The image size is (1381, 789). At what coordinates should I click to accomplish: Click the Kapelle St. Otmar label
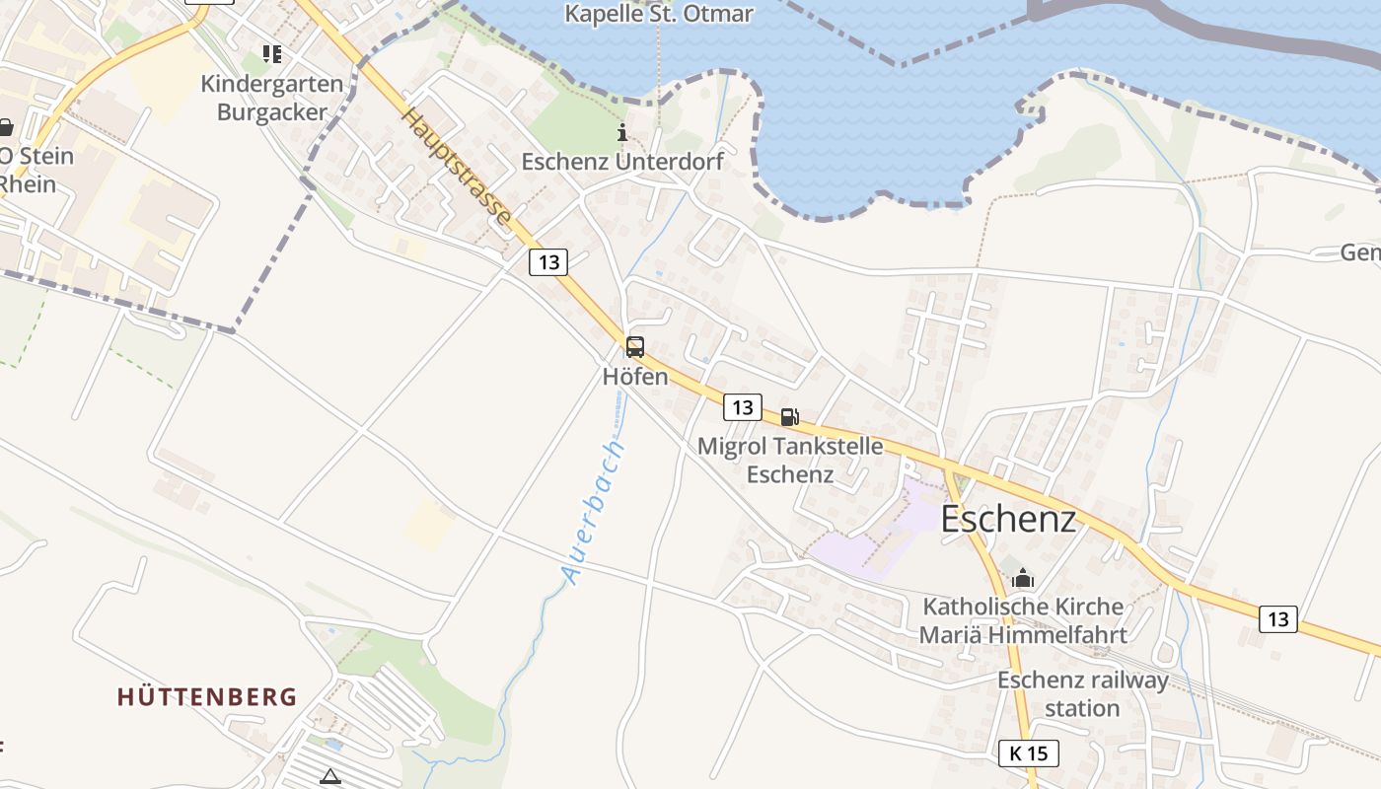point(659,14)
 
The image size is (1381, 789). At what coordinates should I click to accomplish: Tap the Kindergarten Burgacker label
point(272,98)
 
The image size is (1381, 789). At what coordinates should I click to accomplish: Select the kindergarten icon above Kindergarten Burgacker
point(272,54)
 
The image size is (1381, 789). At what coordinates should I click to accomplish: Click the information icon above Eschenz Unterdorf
point(622,132)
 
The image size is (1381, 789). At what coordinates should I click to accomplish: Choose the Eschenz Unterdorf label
point(622,162)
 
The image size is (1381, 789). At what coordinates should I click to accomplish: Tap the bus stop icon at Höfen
point(635,347)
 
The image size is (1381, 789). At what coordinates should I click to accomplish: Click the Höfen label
point(635,377)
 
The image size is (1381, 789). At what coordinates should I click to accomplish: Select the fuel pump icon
point(789,417)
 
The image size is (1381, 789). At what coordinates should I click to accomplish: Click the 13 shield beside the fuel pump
point(743,407)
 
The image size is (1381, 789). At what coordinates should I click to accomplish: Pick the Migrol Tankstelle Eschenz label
point(790,460)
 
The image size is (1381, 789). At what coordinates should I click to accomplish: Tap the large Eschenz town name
point(1008,519)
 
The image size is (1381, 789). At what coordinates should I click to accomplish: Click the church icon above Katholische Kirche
point(1023,577)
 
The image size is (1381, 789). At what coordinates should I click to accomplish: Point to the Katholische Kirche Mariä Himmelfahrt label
point(1023,620)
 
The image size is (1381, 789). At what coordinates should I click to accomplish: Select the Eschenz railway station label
point(1082,694)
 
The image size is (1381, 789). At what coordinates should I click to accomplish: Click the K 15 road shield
point(1028,753)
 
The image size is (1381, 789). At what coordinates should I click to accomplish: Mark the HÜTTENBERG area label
point(207,697)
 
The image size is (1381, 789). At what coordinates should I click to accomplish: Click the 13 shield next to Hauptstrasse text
point(548,262)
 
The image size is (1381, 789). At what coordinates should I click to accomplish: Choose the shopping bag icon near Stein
point(6,127)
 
